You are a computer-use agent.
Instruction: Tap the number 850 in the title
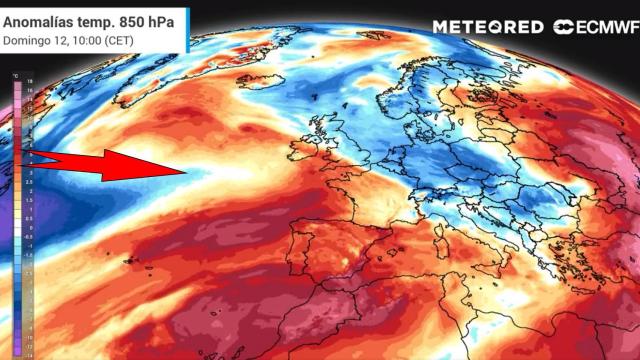[x=138, y=19]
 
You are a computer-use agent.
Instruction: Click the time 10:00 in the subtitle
[x=84, y=39]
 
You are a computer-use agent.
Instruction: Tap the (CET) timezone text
[x=118, y=39]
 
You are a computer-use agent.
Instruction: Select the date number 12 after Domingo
[x=60, y=39]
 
